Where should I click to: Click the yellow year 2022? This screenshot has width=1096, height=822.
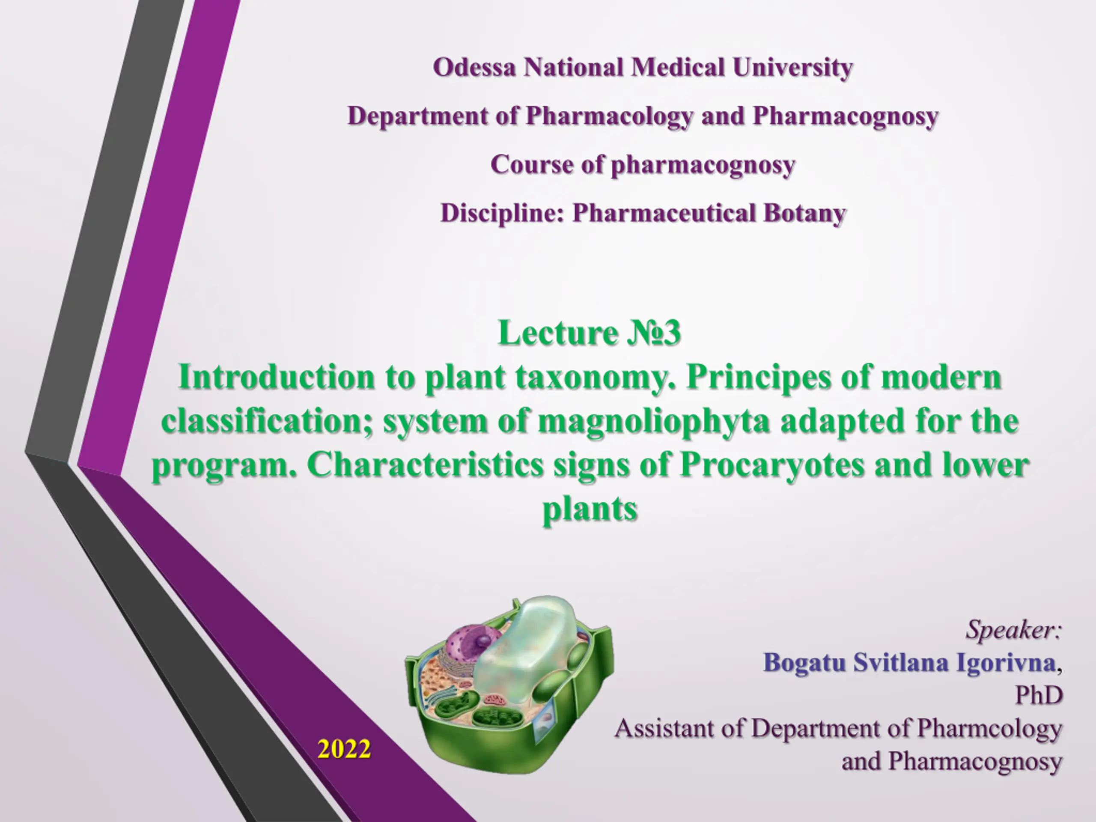point(344,749)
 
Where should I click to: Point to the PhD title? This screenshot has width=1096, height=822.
point(1039,696)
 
